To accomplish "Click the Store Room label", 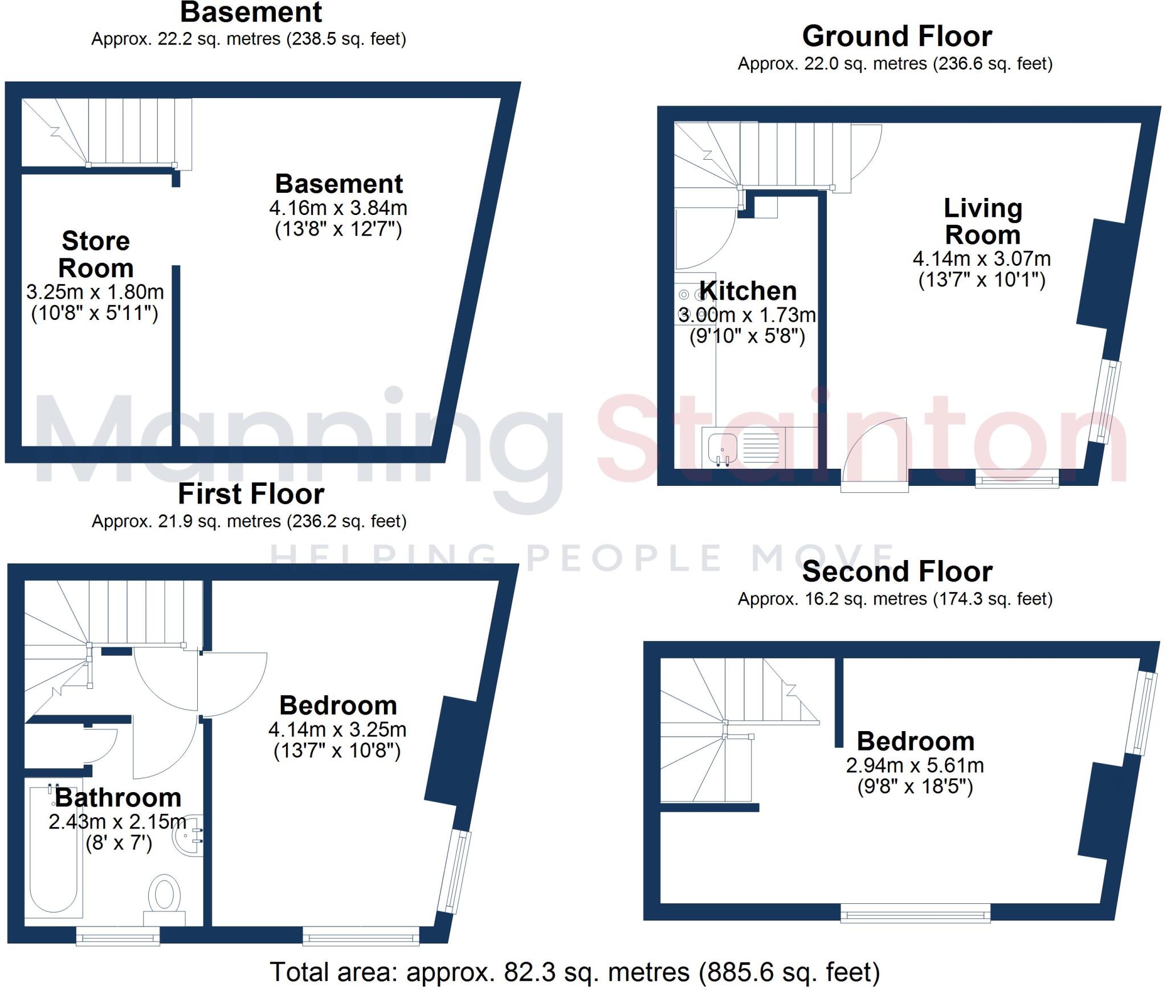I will [x=96, y=254].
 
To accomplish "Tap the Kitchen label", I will [x=748, y=291].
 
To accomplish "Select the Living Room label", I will [x=982, y=221].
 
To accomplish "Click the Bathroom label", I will [x=118, y=798].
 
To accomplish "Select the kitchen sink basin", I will [x=723, y=448].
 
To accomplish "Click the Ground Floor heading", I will [x=897, y=36].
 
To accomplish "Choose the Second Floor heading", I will [x=897, y=571].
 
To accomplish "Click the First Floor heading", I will [x=251, y=494].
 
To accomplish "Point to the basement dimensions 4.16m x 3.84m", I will [x=338, y=208].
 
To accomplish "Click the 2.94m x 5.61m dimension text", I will [x=915, y=765].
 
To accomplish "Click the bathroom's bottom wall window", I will [x=118, y=936].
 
